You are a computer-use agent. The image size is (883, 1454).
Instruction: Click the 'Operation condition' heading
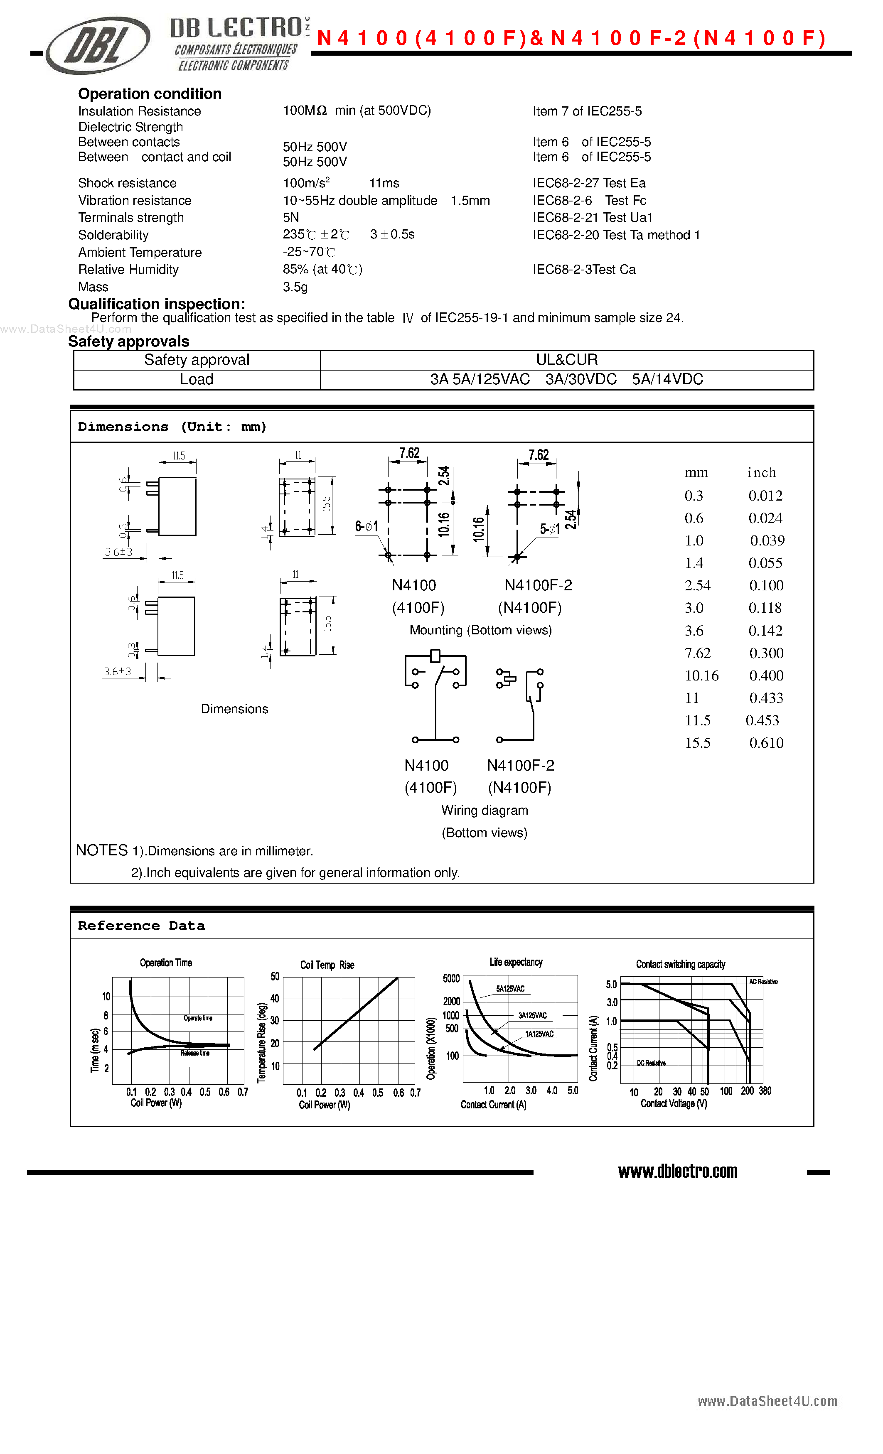coord(150,94)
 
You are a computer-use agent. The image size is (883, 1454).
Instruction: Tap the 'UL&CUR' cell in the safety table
coord(567,360)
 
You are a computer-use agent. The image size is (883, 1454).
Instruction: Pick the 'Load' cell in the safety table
coord(197,379)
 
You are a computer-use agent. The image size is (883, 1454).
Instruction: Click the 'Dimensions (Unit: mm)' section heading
coord(172,427)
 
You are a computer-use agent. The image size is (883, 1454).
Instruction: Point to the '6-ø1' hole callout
coord(366,526)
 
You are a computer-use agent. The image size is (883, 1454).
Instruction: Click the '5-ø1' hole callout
coord(549,529)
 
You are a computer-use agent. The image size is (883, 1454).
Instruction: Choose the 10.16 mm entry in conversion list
coord(701,675)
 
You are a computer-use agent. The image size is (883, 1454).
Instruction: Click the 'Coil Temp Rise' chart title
coord(327,965)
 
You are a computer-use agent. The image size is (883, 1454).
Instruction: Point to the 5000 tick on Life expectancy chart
coord(451,978)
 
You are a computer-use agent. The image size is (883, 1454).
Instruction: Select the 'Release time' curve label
coord(195,1053)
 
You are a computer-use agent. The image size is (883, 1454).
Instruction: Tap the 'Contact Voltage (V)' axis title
coord(674,1103)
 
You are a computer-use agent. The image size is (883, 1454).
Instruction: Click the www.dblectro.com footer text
coord(678,1172)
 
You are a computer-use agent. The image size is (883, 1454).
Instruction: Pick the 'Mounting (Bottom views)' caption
coord(480,630)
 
